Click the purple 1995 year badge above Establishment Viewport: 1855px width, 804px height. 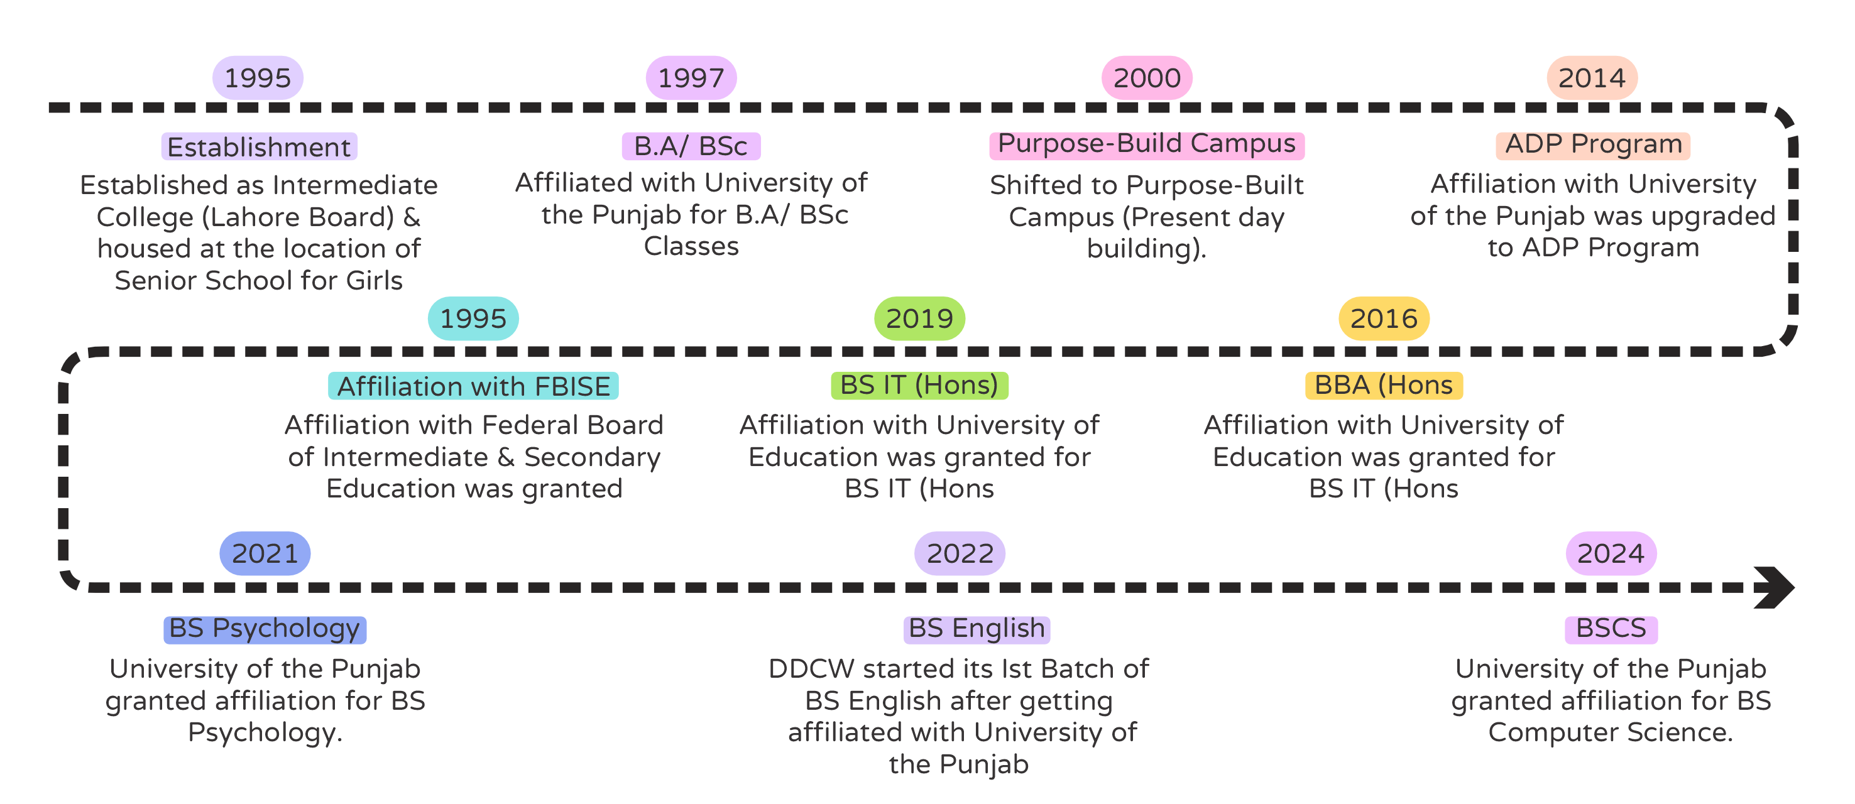point(258,78)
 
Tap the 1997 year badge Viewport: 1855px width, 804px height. point(691,78)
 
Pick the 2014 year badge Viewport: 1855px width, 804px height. point(1592,78)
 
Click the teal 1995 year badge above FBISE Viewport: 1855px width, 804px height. point(473,318)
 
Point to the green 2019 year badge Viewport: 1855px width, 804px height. point(919,318)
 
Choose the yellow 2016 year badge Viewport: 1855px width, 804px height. point(1383,318)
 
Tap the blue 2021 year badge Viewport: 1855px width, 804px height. point(265,553)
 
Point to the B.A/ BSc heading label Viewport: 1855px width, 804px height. point(691,146)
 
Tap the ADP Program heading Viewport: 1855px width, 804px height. point(1593,144)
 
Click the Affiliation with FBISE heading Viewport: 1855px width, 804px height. point(473,386)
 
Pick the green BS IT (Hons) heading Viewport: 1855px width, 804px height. point(919,385)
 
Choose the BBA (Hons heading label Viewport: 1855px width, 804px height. point(1383,385)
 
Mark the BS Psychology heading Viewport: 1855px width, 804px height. point(265,628)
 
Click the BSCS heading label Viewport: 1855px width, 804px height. point(1611,628)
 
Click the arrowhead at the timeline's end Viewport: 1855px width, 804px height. point(1775,587)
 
